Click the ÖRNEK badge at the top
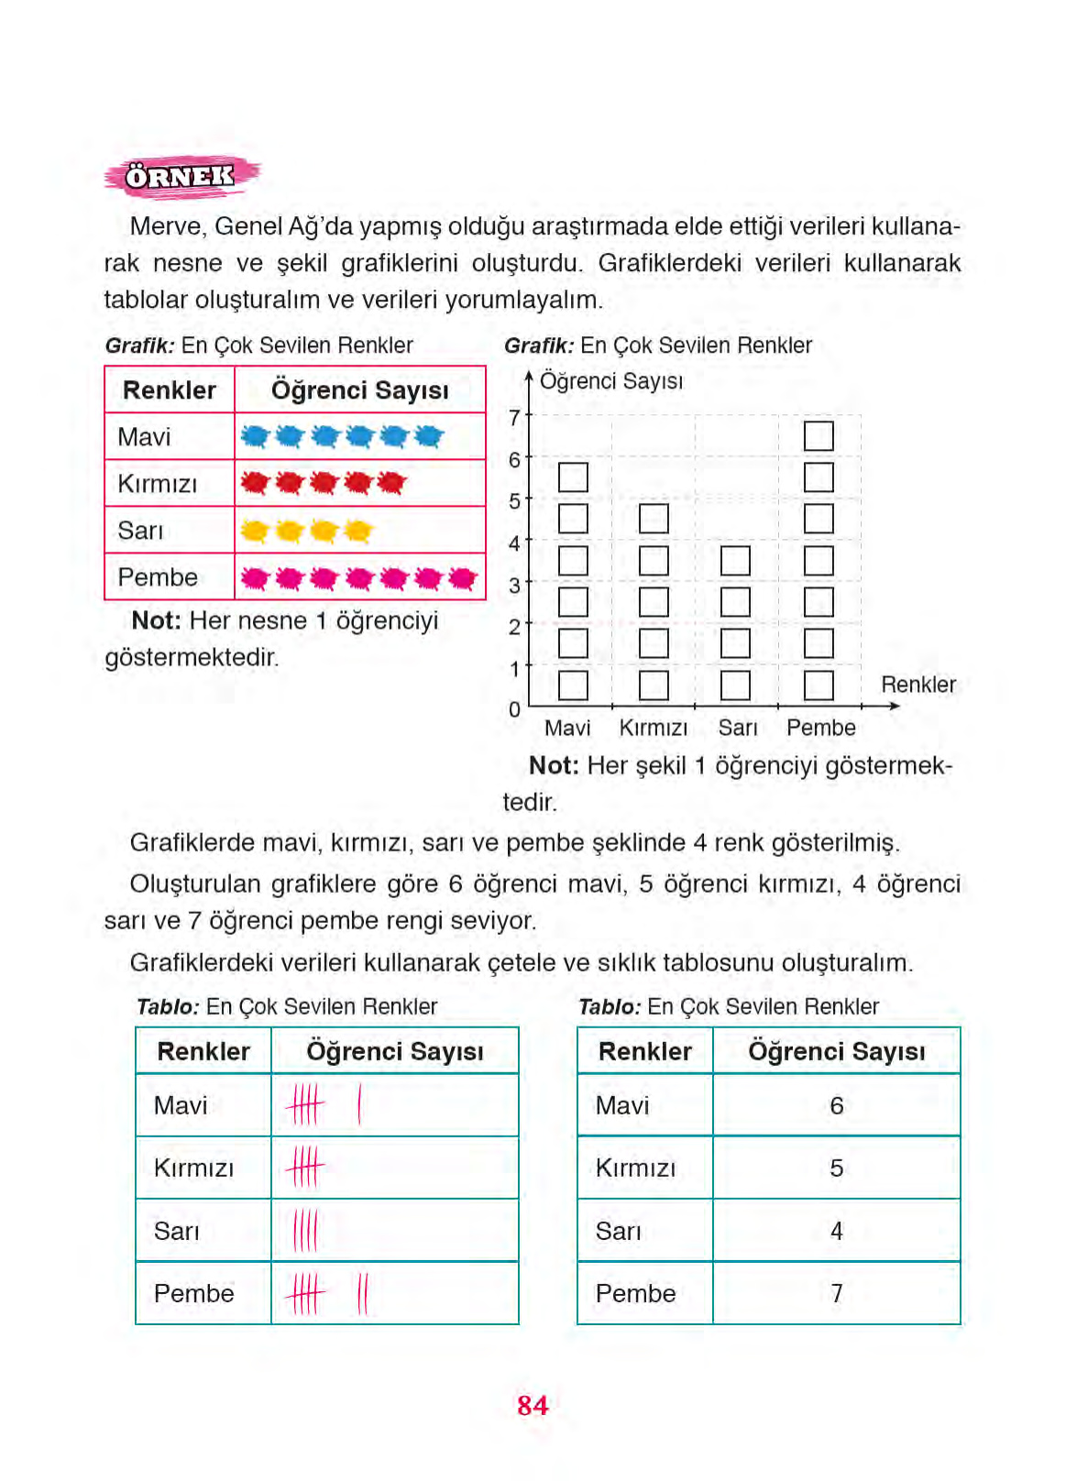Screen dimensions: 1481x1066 click(181, 176)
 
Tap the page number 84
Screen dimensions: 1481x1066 click(533, 1405)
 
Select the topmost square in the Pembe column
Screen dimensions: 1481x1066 click(819, 435)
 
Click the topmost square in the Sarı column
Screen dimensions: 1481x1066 click(735, 561)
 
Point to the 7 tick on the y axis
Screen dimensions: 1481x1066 click(515, 418)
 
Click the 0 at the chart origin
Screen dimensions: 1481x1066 click(514, 709)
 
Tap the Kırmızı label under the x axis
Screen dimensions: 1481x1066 click(654, 728)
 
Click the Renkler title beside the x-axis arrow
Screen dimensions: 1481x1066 click(918, 685)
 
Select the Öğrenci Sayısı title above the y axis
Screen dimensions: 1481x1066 click(611, 381)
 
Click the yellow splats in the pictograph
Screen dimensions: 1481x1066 click(306, 531)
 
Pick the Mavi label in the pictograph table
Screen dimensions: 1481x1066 click(144, 437)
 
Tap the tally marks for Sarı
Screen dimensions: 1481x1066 click(305, 1231)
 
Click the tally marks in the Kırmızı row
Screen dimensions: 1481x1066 click(305, 1168)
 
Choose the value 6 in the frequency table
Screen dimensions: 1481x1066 click(836, 1106)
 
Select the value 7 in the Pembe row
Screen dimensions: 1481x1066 click(836, 1293)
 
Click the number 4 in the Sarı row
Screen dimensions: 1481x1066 click(836, 1231)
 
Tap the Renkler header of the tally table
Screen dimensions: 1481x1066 click(203, 1051)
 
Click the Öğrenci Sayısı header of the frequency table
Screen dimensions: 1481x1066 click(836, 1051)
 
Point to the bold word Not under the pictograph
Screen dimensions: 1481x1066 click(156, 620)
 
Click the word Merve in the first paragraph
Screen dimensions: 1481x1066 click(166, 226)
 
